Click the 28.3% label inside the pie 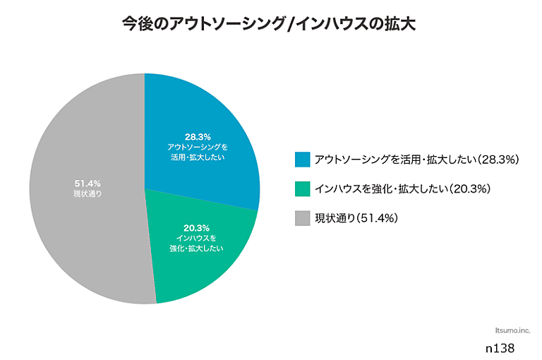click(198, 136)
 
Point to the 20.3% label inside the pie click(197, 227)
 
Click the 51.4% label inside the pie click(87, 184)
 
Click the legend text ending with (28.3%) click(417, 160)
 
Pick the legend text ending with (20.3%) click(403, 189)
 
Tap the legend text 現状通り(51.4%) click(357, 219)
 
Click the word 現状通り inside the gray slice click(87, 193)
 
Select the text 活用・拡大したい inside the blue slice click(198, 157)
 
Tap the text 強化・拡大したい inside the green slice click(197, 248)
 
